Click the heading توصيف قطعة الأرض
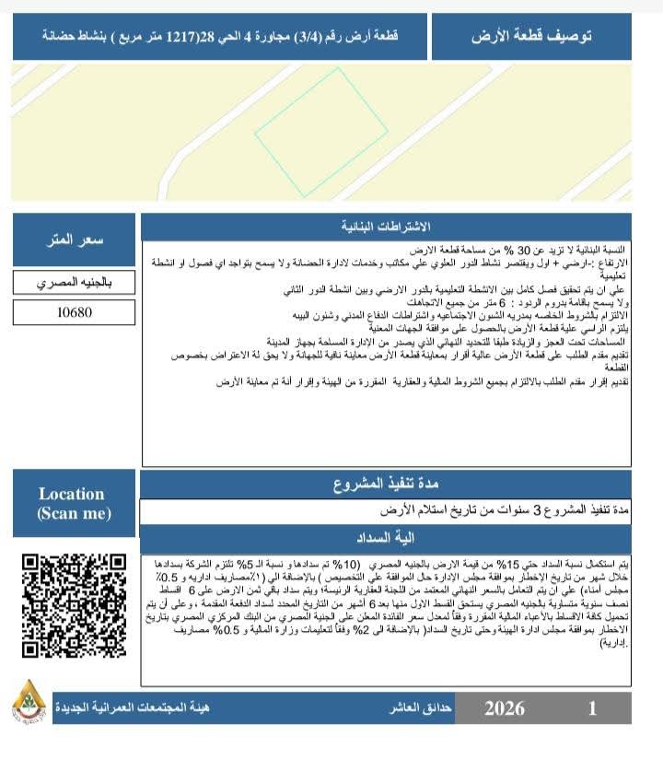point(531,37)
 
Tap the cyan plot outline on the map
point(321,133)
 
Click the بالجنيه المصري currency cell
point(75,283)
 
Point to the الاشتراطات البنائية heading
point(386,227)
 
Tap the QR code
point(73,605)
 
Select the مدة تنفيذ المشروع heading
point(386,485)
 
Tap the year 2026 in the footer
point(505,708)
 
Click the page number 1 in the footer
point(593,708)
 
